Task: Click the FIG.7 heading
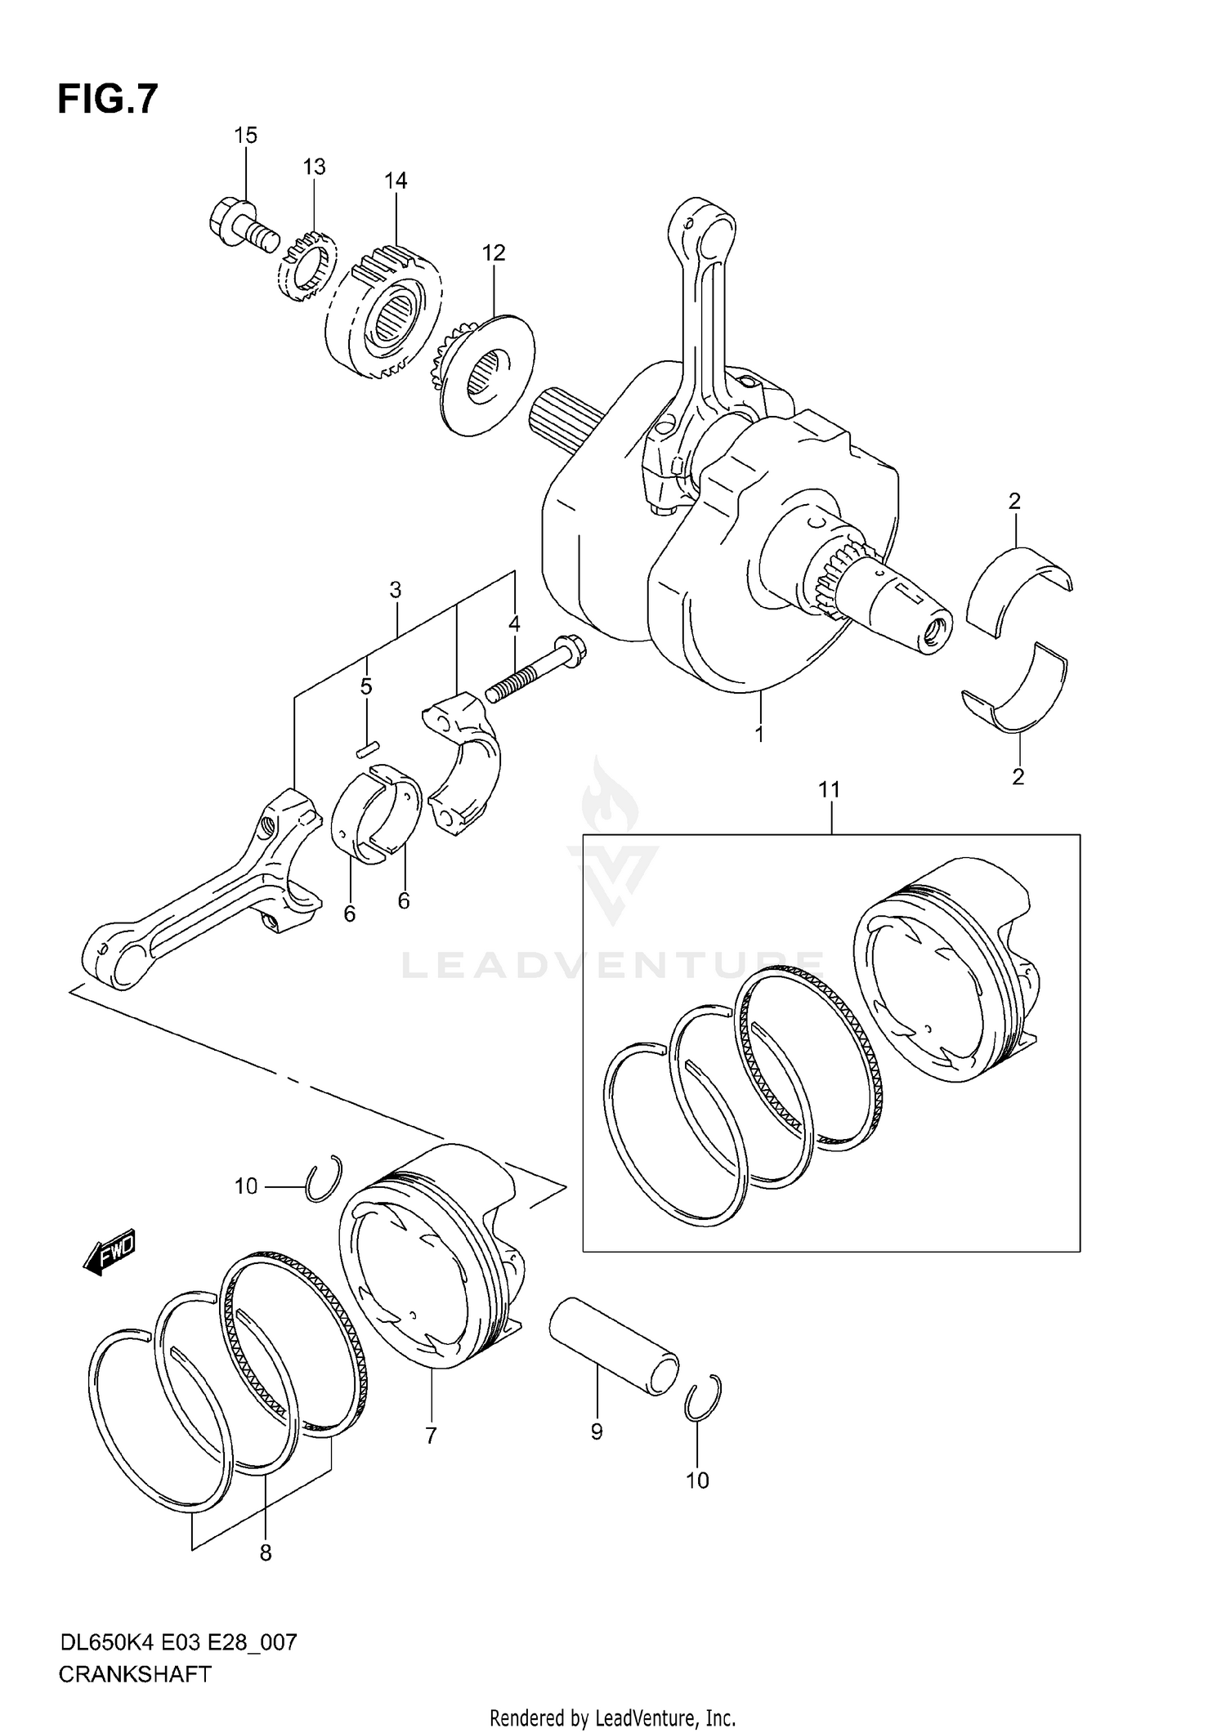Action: [x=107, y=100]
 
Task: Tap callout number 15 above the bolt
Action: [x=245, y=136]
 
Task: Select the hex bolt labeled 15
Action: [x=240, y=224]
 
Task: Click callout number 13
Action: [x=314, y=167]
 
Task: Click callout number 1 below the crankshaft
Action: [x=759, y=734]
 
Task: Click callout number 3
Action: [x=396, y=589]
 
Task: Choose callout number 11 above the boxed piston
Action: [x=830, y=789]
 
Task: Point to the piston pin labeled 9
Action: [x=612, y=1347]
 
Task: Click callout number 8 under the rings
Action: [x=266, y=1553]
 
